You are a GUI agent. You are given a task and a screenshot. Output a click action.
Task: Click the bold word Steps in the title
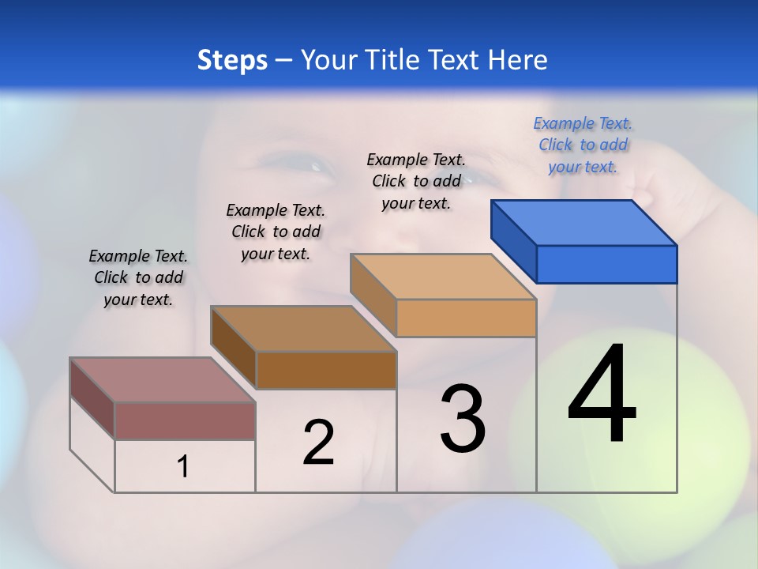pyautogui.click(x=231, y=60)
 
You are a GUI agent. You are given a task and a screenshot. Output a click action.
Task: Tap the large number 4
pyautogui.click(x=602, y=395)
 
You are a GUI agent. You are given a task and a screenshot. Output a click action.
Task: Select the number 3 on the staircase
pyautogui.click(x=463, y=419)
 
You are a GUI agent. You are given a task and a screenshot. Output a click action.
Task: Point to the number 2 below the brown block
pyautogui.click(x=318, y=443)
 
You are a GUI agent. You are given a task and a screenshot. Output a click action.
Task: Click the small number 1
pyautogui.click(x=183, y=467)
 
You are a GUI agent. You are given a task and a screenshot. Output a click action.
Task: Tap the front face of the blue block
pyautogui.click(x=606, y=264)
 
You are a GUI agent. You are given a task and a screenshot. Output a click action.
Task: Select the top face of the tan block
pyautogui.click(x=444, y=277)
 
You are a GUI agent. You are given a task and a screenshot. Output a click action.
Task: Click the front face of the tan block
pyautogui.click(x=466, y=318)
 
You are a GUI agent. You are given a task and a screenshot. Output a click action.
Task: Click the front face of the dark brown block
pyautogui.click(x=326, y=370)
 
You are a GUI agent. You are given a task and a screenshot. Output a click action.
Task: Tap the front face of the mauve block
pyautogui.click(x=185, y=420)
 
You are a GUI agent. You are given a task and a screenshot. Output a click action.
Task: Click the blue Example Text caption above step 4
pyautogui.click(x=583, y=145)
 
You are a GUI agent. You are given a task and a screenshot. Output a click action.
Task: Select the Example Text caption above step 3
pyautogui.click(x=416, y=181)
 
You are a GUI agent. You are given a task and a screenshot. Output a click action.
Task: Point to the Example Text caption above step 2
pyautogui.click(x=276, y=232)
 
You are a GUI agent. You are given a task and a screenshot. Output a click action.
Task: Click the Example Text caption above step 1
pyautogui.click(x=138, y=277)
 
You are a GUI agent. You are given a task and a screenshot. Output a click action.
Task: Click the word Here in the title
pyautogui.click(x=518, y=60)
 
